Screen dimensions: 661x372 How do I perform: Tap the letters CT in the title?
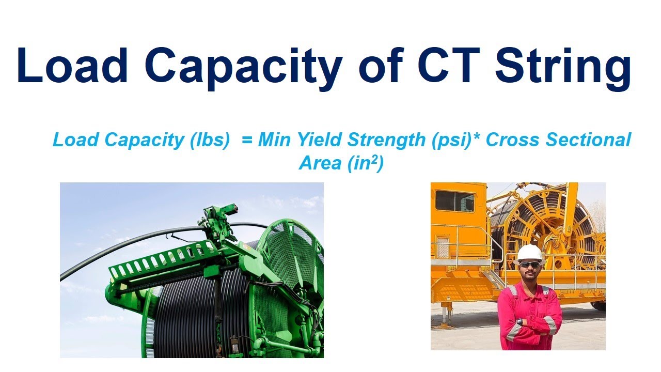449,65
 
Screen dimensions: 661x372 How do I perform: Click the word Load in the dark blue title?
73,65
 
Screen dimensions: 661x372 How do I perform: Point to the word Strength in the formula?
386,140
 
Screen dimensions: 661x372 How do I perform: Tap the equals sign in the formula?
247,140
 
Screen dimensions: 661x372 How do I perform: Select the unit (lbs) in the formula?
210,140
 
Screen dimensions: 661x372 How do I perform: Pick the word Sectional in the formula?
588,139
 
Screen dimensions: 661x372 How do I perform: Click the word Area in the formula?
320,163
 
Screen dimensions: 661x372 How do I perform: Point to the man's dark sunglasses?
530,265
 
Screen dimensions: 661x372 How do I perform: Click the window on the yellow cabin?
455,201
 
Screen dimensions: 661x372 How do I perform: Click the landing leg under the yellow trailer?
446,315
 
